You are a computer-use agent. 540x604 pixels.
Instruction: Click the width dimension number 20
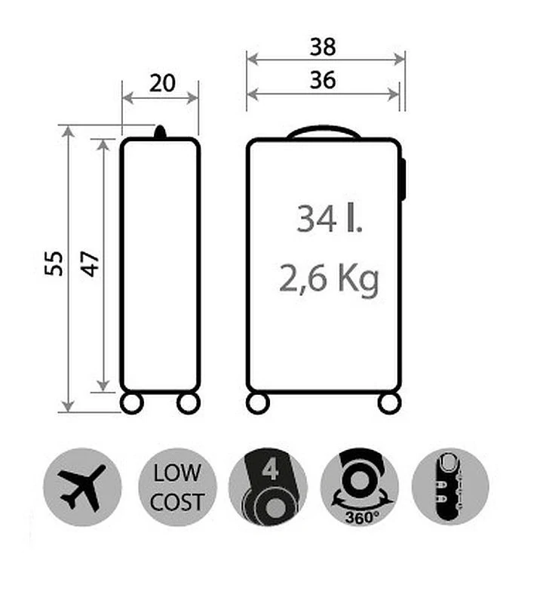pos(162,82)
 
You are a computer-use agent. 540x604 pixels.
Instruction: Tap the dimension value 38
pos(323,47)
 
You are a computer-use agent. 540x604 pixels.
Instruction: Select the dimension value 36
pos(323,80)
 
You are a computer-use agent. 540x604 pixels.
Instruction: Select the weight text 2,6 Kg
pos(329,279)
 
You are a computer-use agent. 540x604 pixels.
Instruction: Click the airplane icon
pos(81,486)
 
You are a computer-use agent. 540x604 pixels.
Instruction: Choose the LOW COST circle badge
pos(178,487)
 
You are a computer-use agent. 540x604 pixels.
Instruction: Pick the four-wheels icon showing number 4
pos(268,487)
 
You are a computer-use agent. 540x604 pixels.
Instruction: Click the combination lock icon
pos(450,486)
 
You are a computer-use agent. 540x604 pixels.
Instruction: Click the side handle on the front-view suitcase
pos(403,179)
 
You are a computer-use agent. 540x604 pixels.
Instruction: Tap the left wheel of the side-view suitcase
pos(132,402)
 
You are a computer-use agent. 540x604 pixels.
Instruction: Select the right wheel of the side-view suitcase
pos(188,402)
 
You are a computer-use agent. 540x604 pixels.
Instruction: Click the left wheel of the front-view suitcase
pos(259,402)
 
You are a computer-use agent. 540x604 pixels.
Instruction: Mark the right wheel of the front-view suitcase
pos(389,402)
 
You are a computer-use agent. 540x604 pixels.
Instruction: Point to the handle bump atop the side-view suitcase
pos(160,133)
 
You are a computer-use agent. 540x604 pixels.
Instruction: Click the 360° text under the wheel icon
pos(359,517)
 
